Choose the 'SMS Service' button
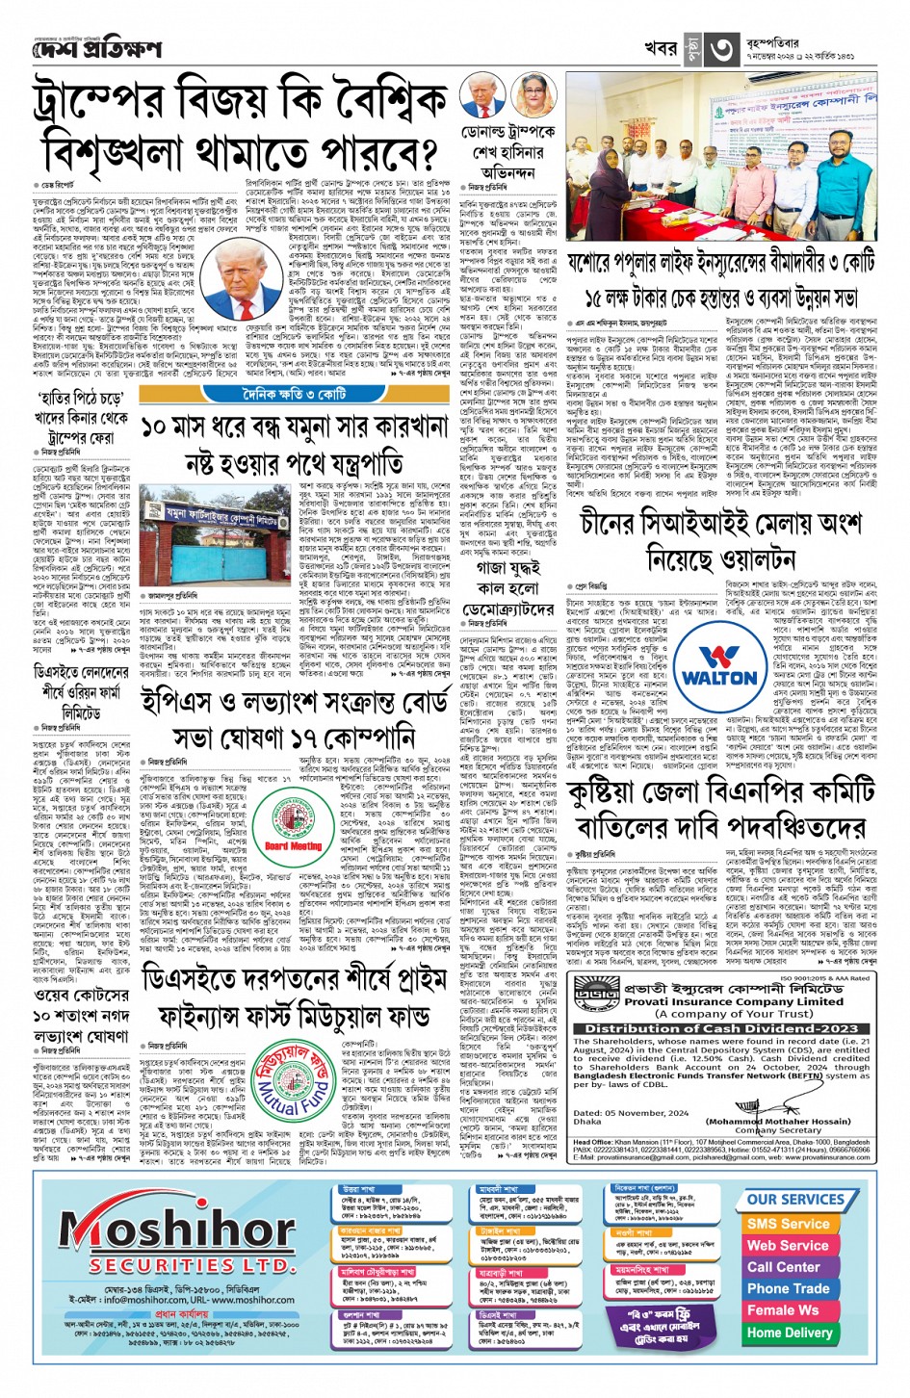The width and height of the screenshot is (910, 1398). click(x=788, y=1223)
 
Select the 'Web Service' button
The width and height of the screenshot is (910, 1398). click(x=788, y=1245)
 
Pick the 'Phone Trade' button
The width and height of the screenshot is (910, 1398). click(x=788, y=1288)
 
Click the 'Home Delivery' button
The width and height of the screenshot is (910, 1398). click(x=789, y=1333)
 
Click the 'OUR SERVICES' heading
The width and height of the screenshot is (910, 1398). click(x=795, y=1200)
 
